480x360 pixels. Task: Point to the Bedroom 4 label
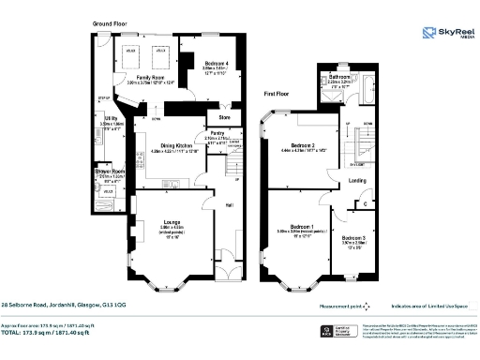(x=217, y=63)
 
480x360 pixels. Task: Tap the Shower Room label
(x=110, y=172)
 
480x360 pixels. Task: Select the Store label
(x=225, y=118)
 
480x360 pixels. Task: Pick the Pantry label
(x=217, y=135)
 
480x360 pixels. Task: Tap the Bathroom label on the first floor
(x=339, y=76)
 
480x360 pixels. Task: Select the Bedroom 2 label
(x=302, y=145)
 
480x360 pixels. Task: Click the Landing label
(x=357, y=181)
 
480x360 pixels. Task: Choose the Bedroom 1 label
(x=301, y=227)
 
